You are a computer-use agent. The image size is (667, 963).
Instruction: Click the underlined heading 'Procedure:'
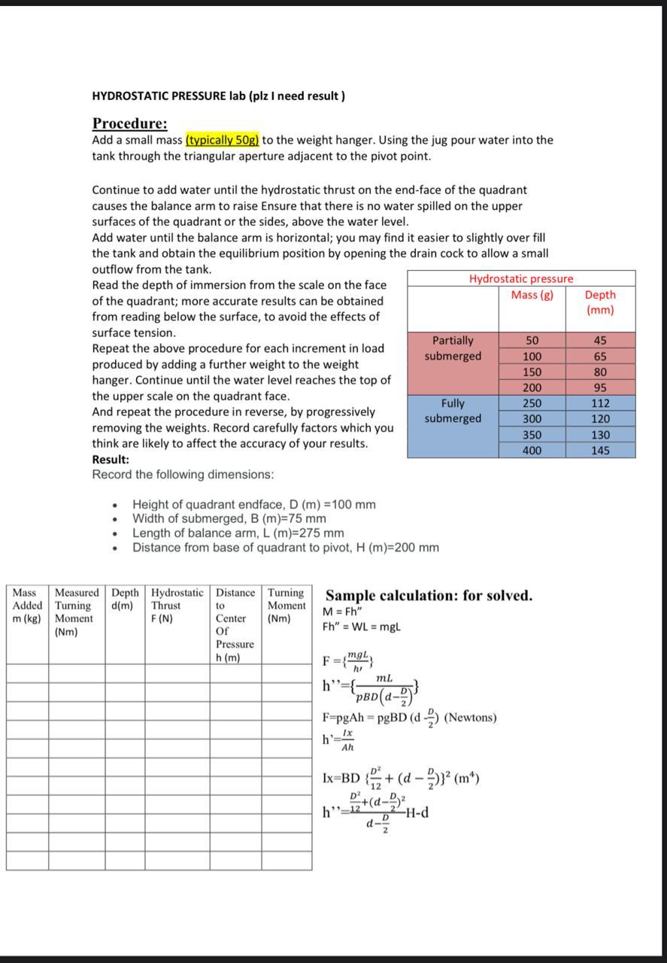pos(129,123)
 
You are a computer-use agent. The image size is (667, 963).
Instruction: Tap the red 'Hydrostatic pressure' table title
pos(521,279)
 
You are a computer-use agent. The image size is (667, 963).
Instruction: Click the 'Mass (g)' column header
pos(532,295)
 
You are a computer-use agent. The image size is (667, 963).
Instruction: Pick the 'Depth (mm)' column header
pos(599,302)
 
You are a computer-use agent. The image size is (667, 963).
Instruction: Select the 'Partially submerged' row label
pos(453,348)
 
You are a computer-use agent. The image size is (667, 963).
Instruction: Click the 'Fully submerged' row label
pos(453,411)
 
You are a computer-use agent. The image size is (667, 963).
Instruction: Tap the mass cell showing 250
pos(532,403)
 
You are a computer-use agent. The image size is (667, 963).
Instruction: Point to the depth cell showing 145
pos(599,451)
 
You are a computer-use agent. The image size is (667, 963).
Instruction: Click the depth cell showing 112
pos(599,403)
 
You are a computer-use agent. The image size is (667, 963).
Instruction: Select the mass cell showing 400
pos(532,451)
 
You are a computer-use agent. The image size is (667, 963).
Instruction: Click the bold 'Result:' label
pos(111,459)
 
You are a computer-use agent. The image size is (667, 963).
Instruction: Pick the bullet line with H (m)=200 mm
pos(286,548)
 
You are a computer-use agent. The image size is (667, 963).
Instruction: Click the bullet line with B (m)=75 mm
pos(229,518)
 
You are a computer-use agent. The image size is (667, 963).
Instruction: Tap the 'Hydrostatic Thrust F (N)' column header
pos(177,606)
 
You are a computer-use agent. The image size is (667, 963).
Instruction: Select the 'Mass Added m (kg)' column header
pos(27,606)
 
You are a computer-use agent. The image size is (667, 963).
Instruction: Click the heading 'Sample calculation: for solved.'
pos(429,596)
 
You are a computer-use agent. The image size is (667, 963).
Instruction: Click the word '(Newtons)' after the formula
pos(470,718)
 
